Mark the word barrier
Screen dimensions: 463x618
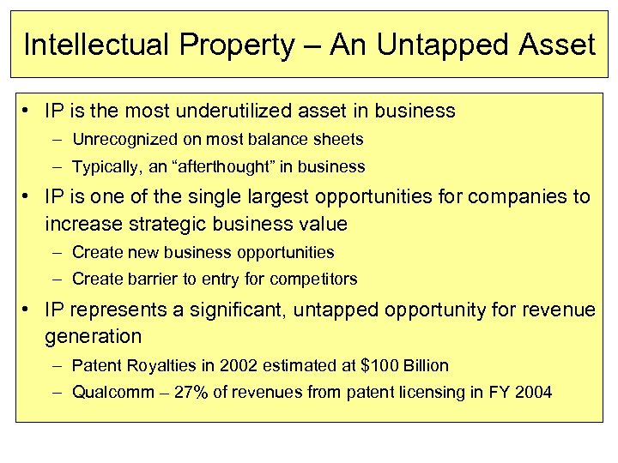pos(148,279)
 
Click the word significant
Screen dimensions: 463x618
pos(239,310)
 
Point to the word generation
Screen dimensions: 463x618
pos(94,337)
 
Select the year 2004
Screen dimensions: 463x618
pos(534,393)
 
